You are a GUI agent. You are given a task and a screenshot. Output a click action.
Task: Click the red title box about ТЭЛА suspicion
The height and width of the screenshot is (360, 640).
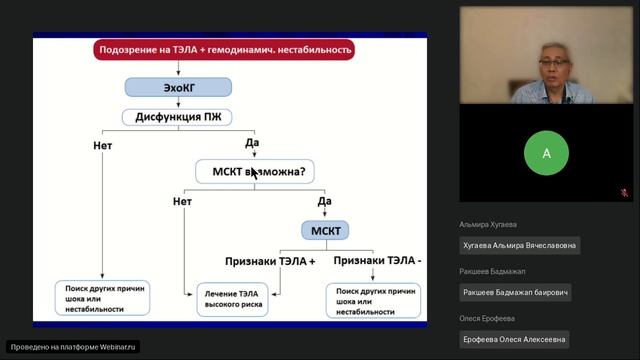point(225,48)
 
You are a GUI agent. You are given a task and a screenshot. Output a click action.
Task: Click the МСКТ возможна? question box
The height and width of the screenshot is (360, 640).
point(255,171)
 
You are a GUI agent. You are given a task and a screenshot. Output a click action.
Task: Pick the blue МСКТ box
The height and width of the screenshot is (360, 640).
point(325,231)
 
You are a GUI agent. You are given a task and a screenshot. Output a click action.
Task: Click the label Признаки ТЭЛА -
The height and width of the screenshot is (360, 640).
point(377,261)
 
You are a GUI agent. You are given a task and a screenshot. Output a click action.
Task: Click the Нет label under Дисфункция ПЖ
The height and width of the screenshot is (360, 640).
point(103,145)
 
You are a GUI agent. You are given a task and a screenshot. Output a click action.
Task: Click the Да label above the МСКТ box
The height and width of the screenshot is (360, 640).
point(324,202)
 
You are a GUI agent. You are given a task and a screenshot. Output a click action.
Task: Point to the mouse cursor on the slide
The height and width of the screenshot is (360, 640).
point(254,174)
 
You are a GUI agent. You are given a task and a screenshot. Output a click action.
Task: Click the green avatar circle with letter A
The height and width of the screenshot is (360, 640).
point(545,153)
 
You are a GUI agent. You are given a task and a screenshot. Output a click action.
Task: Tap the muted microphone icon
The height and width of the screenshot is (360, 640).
point(624,193)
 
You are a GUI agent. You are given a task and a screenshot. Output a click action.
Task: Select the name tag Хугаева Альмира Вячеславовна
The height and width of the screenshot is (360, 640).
point(520,245)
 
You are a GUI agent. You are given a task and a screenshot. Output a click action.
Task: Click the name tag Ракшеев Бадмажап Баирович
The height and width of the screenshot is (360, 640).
point(516,293)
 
